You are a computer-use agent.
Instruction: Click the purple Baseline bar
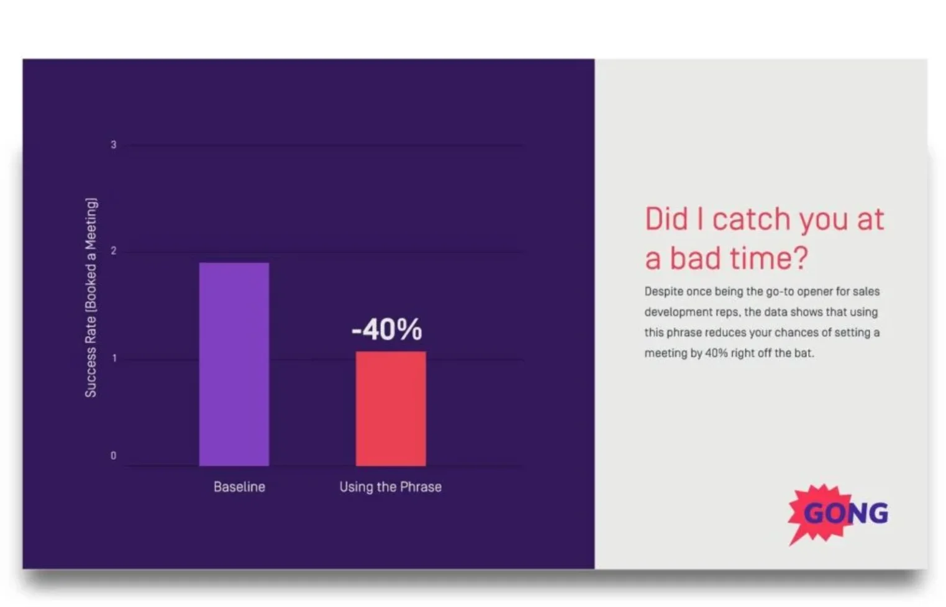(234, 364)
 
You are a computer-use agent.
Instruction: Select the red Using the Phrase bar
(391, 408)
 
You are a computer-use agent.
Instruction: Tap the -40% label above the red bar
(386, 329)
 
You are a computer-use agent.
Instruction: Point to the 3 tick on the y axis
(113, 145)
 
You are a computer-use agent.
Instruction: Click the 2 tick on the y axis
(113, 251)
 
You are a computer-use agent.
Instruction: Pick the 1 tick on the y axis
(114, 358)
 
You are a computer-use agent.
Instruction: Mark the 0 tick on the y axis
(113, 456)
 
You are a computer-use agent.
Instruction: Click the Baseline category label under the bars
(240, 487)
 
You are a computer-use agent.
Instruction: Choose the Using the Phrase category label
(391, 487)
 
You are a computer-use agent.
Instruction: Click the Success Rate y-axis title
(91, 298)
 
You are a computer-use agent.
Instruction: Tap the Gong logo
(839, 514)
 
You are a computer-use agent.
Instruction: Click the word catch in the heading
(752, 219)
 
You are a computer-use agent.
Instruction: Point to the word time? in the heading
(770, 258)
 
